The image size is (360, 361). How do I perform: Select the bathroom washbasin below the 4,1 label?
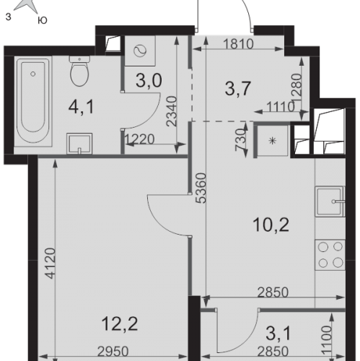pyautogui.click(x=79, y=144)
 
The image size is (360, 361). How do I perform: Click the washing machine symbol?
pyautogui.click(x=140, y=51)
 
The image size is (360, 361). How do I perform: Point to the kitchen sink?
pyautogui.click(x=330, y=201)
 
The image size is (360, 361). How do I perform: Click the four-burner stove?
pyautogui.click(x=330, y=255)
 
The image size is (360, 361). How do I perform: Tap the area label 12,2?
pyautogui.click(x=120, y=324)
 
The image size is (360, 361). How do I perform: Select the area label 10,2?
pyautogui.click(x=271, y=225)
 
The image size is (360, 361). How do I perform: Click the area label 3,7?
pyautogui.click(x=238, y=89)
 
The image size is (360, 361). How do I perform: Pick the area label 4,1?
pyautogui.click(x=81, y=107)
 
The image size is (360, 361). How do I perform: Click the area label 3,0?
pyautogui.click(x=149, y=80)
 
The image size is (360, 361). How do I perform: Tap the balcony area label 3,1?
pyautogui.click(x=278, y=334)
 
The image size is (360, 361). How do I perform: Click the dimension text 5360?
pyautogui.click(x=201, y=188)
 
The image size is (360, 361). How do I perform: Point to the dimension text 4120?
pyautogui.click(x=51, y=264)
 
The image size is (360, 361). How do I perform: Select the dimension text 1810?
pyautogui.click(x=238, y=44)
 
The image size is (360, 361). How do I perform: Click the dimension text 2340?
pyautogui.click(x=172, y=111)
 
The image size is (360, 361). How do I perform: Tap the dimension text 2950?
pyautogui.click(x=113, y=352)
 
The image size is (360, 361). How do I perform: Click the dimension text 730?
pyautogui.click(x=241, y=139)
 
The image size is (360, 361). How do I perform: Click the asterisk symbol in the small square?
pyautogui.click(x=272, y=141)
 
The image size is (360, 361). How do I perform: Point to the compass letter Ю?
pyautogui.click(x=43, y=21)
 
